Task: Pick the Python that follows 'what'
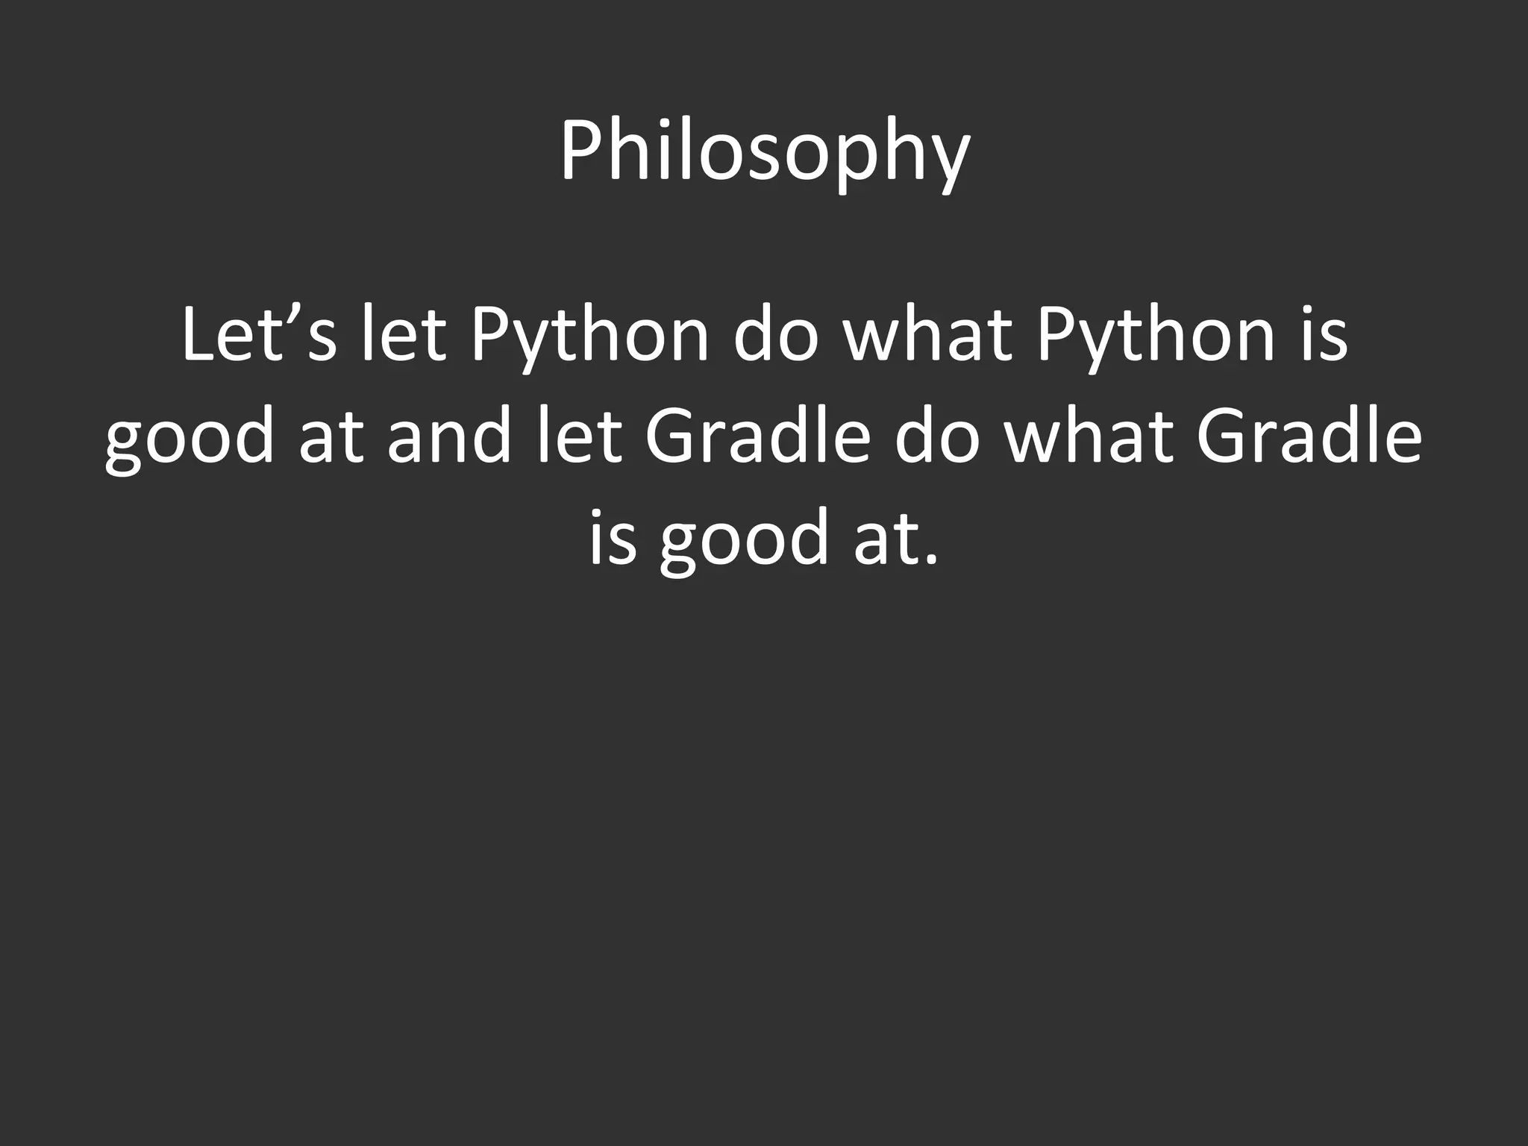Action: click(1154, 339)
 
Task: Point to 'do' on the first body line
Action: click(773, 336)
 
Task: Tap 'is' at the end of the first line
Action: click(1327, 336)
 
